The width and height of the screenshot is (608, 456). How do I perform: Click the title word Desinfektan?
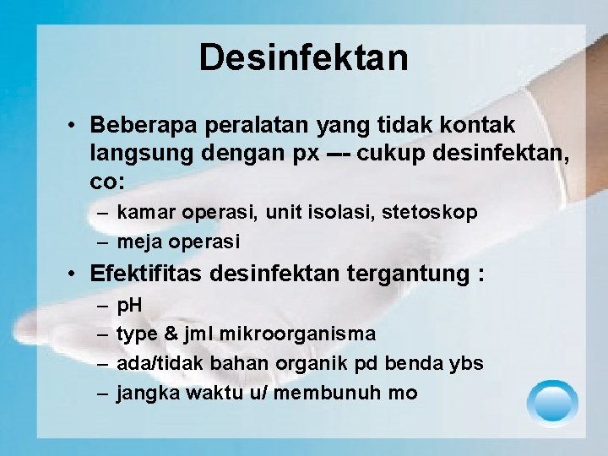click(304, 57)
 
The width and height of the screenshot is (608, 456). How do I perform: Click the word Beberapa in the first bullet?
click(140, 125)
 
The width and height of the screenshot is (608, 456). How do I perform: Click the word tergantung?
click(413, 275)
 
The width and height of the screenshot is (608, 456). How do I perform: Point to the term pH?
click(129, 305)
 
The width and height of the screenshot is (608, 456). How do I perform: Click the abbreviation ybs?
click(465, 364)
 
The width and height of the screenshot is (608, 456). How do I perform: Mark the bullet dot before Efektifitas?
click(75, 275)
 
